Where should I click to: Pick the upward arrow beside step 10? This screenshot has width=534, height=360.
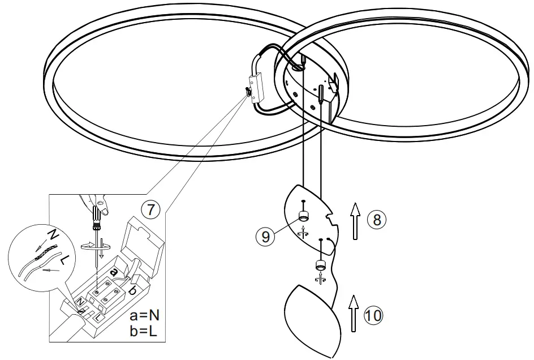click(x=354, y=311)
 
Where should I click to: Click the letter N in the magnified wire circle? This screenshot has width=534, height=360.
click(x=52, y=234)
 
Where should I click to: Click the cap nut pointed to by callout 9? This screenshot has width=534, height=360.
click(x=304, y=216)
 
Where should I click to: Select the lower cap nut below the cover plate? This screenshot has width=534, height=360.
click(x=321, y=264)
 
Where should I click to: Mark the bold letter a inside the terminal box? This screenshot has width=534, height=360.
click(x=115, y=273)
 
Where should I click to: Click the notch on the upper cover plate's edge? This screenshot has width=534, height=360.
click(x=333, y=217)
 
